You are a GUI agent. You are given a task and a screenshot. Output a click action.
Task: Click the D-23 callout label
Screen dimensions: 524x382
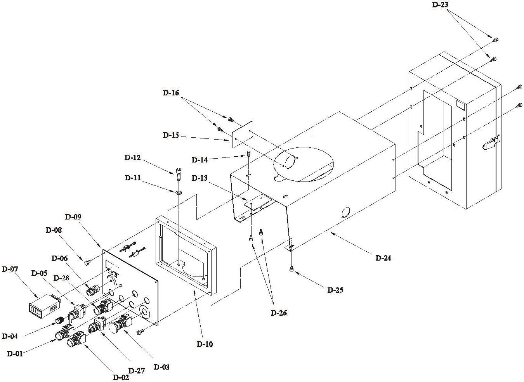pos(440,5)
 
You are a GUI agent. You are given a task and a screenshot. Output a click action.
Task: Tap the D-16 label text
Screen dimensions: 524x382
pos(171,93)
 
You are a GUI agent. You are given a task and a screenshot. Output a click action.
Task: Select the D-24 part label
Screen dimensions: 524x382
pos(383,258)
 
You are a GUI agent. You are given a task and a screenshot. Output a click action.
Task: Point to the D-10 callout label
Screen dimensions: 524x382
pos(205,344)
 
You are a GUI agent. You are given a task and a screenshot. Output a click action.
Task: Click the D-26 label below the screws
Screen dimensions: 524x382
pos(279,313)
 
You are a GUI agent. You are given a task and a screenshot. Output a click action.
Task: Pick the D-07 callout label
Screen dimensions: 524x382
pos(10,269)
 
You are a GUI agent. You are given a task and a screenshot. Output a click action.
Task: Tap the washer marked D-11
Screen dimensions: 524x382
pos(179,193)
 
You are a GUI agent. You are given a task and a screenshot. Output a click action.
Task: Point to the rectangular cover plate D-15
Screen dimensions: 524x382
pos(242,135)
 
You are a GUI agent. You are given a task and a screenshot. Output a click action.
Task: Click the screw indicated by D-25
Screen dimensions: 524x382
pos(291,268)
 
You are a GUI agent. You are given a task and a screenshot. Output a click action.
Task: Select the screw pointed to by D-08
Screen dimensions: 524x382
pos(87,263)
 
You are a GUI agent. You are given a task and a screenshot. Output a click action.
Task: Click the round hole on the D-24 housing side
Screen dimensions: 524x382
pos(347,212)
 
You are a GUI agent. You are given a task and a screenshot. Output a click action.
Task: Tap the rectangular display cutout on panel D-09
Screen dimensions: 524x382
pos(113,268)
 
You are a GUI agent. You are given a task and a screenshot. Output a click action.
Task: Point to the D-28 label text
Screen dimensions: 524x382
pos(62,278)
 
